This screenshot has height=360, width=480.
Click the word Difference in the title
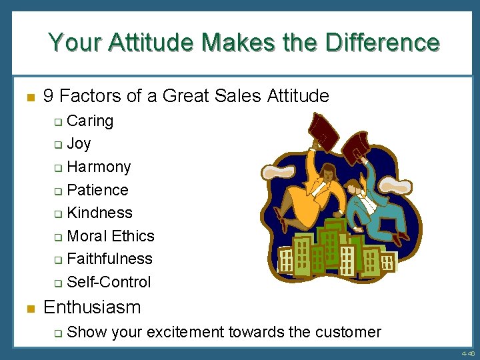(382, 43)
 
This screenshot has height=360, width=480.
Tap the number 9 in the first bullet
(48, 96)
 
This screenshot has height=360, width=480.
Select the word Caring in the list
(90, 121)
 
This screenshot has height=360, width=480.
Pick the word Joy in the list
(79, 143)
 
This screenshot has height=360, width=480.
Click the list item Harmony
(99, 167)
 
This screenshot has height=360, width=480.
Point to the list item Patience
(97, 190)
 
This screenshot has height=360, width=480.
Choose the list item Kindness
(99, 213)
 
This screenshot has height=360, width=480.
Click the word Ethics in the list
(133, 236)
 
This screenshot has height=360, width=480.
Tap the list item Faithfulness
(109, 259)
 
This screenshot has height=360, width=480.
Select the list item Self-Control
(109, 282)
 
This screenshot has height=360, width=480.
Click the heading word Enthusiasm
(92, 307)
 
